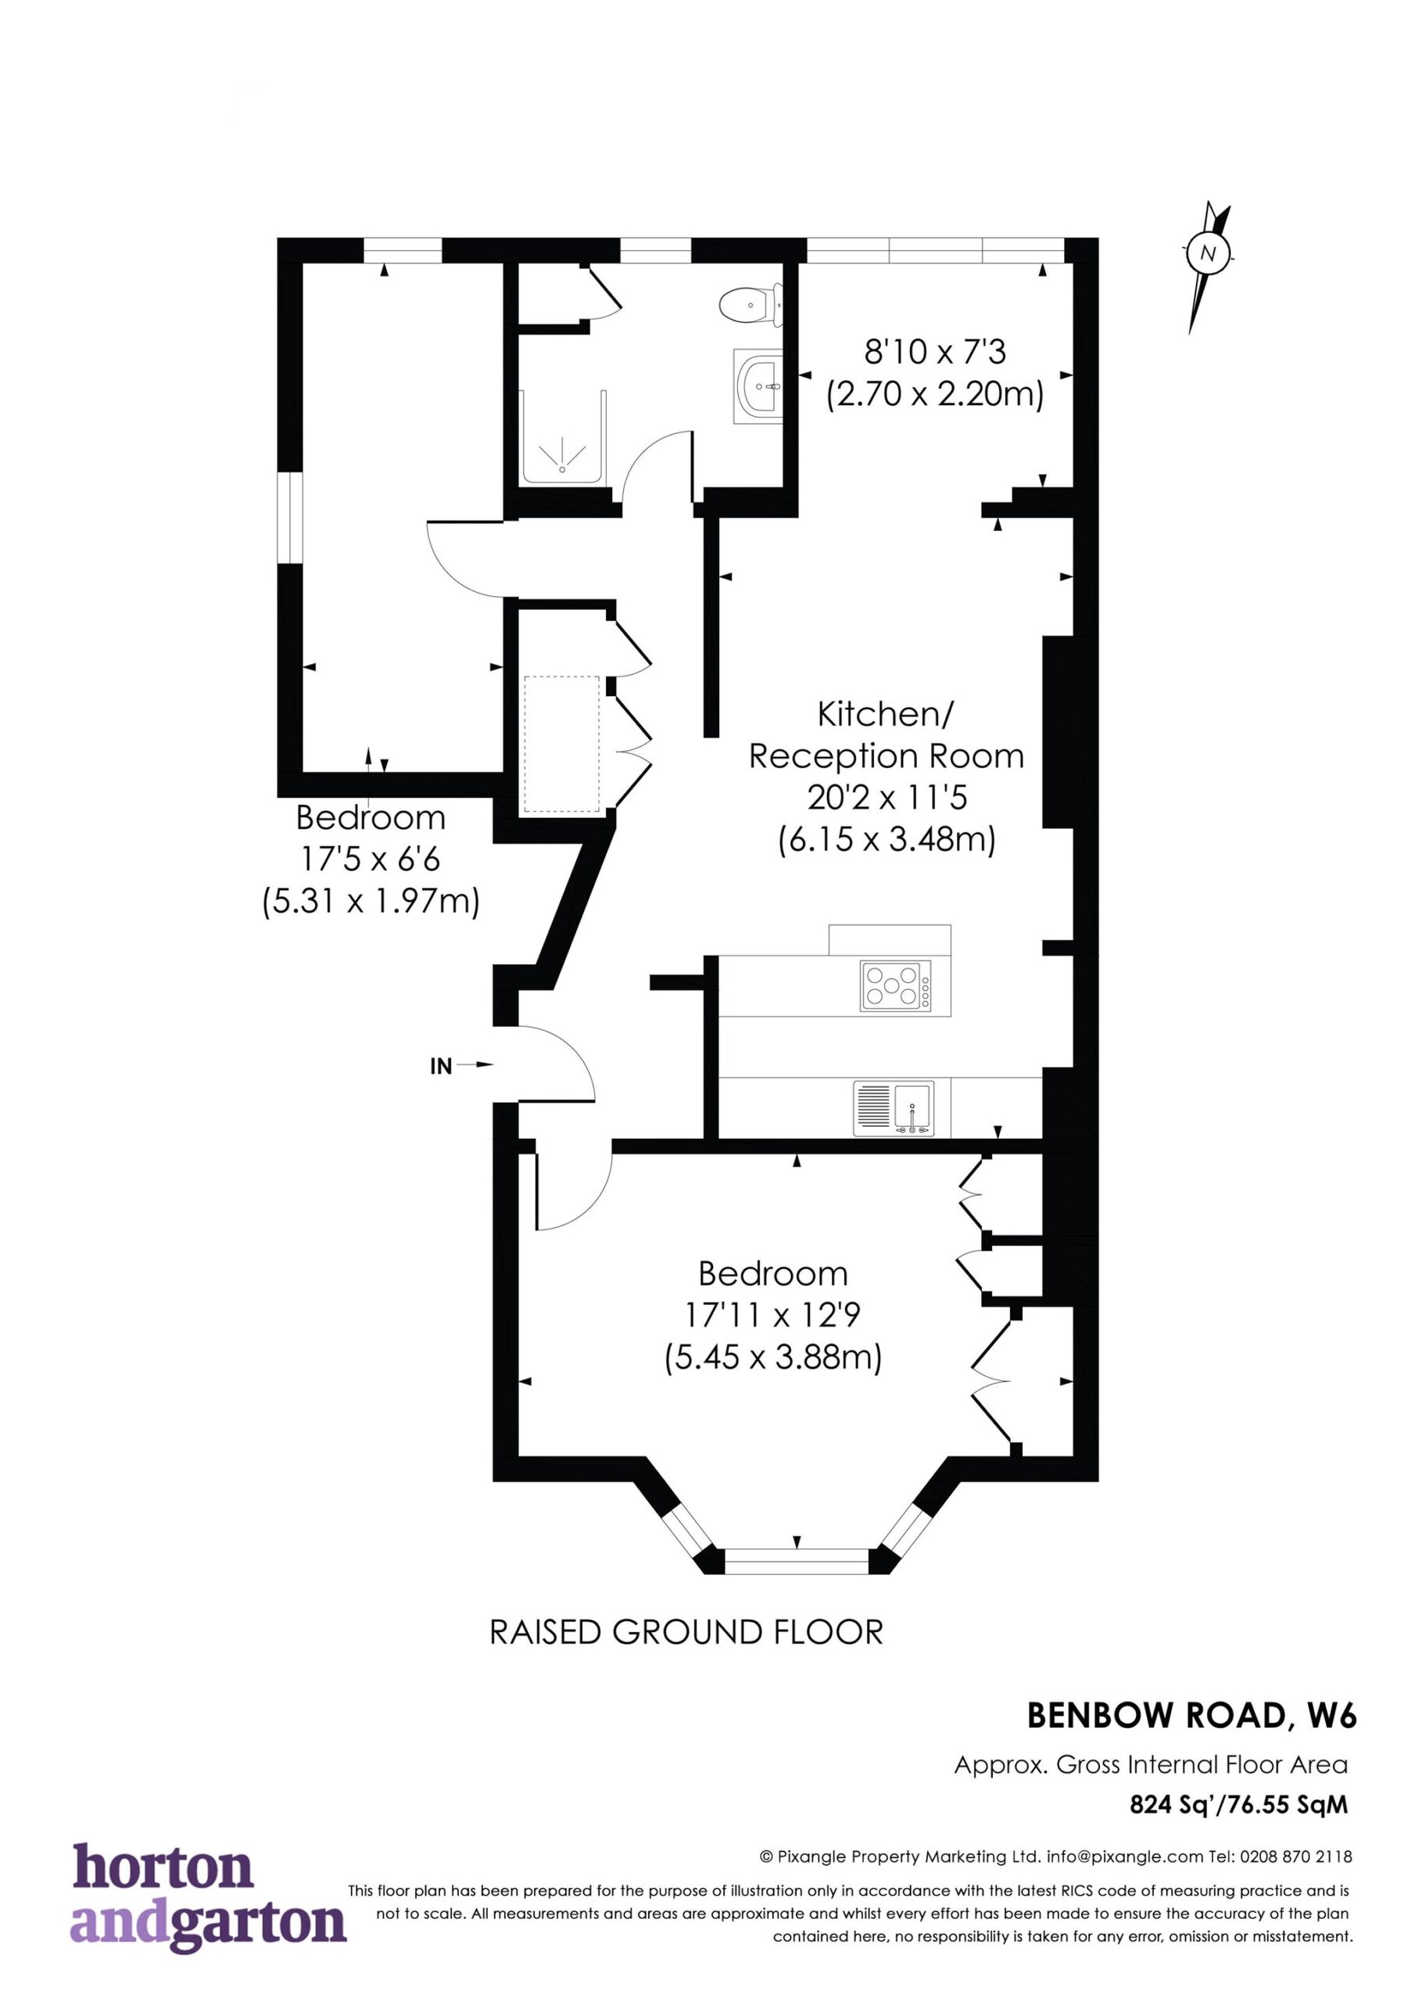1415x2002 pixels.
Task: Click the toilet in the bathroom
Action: pyautogui.click(x=750, y=305)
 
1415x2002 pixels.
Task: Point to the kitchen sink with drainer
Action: pyautogui.click(x=894, y=1108)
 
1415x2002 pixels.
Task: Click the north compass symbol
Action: pyautogui.click(x=1208, y=265)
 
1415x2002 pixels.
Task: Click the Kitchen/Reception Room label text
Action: pyautogui.click(x=886, y=735)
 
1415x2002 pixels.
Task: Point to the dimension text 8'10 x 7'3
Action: pyautogui.click(x=936, y=352)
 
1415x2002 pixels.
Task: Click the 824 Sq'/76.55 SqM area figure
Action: pyautogui.click(x=1239, y=1805)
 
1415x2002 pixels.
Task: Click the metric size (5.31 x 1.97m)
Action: pyautogui.click(x=371, y=902)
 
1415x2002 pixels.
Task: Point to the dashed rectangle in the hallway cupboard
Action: pyautogui.click(x=562, y=744)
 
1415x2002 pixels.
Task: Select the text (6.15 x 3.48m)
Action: pyautogui.click(x=887, y=841)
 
